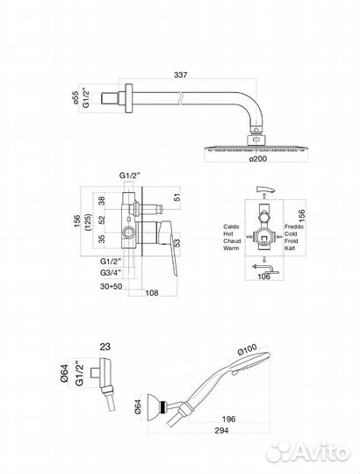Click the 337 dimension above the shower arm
pyautogui.click(x=181, y=75)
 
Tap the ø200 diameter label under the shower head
pyautogui.click(x=258, y=158)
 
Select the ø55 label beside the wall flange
pyautogui.click(x=76, y=98)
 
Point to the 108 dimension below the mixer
pyautogui.click(x=152, y=292)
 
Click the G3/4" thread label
pyautogui.click(x=111, y=272)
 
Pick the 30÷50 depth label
pyautogui.click(x=112, y=286)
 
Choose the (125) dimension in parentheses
pyautogui.click(x=88, y=222)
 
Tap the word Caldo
pyautogui.click(x=231, y=226)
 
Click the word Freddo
pyautogui.click(x=294, y=226)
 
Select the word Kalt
pyautogui.click(x=290, y=248)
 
